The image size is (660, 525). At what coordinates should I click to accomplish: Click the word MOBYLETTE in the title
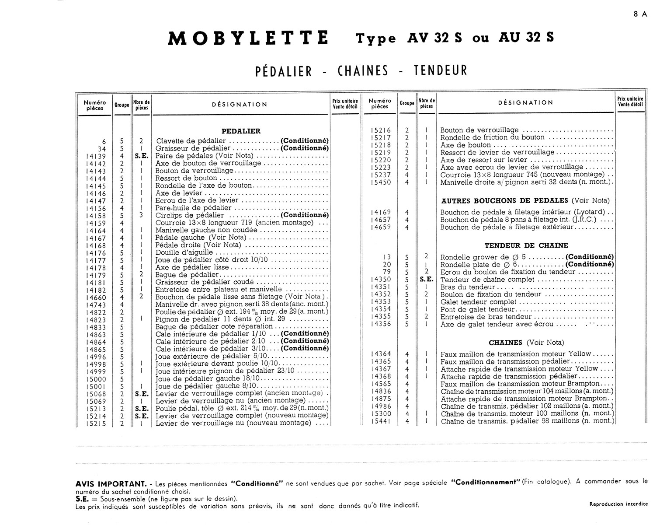coord(248,38)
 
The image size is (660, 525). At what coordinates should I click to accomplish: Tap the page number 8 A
coord(640,14)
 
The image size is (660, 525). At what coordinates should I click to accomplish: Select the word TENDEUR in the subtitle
coord(440,71)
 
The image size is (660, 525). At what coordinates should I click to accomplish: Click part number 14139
coord(96,156)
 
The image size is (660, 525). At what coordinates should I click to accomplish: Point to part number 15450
coord(381,182)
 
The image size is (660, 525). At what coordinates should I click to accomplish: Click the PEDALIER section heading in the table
coord(241,131)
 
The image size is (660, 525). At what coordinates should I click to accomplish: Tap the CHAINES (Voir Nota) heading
coord(526,343)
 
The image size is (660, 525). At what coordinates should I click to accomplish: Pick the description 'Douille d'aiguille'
coord(184,252)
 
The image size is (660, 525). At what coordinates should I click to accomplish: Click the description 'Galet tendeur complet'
coord(472,302)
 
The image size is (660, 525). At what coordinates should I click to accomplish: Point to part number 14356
coord(381,324)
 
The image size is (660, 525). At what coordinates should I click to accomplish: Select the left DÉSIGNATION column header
coord(240,105)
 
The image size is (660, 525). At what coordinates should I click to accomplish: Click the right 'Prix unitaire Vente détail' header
coord(630,102)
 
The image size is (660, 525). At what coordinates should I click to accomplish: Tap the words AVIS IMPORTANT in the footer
coord(111,484)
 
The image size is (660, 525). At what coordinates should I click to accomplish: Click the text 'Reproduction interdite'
coord(618,504)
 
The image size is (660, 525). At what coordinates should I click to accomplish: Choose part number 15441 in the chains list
coord(381,421)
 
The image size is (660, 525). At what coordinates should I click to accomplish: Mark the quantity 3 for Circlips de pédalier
coord(141,215)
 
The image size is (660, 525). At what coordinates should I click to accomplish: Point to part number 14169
coord(381,213)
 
